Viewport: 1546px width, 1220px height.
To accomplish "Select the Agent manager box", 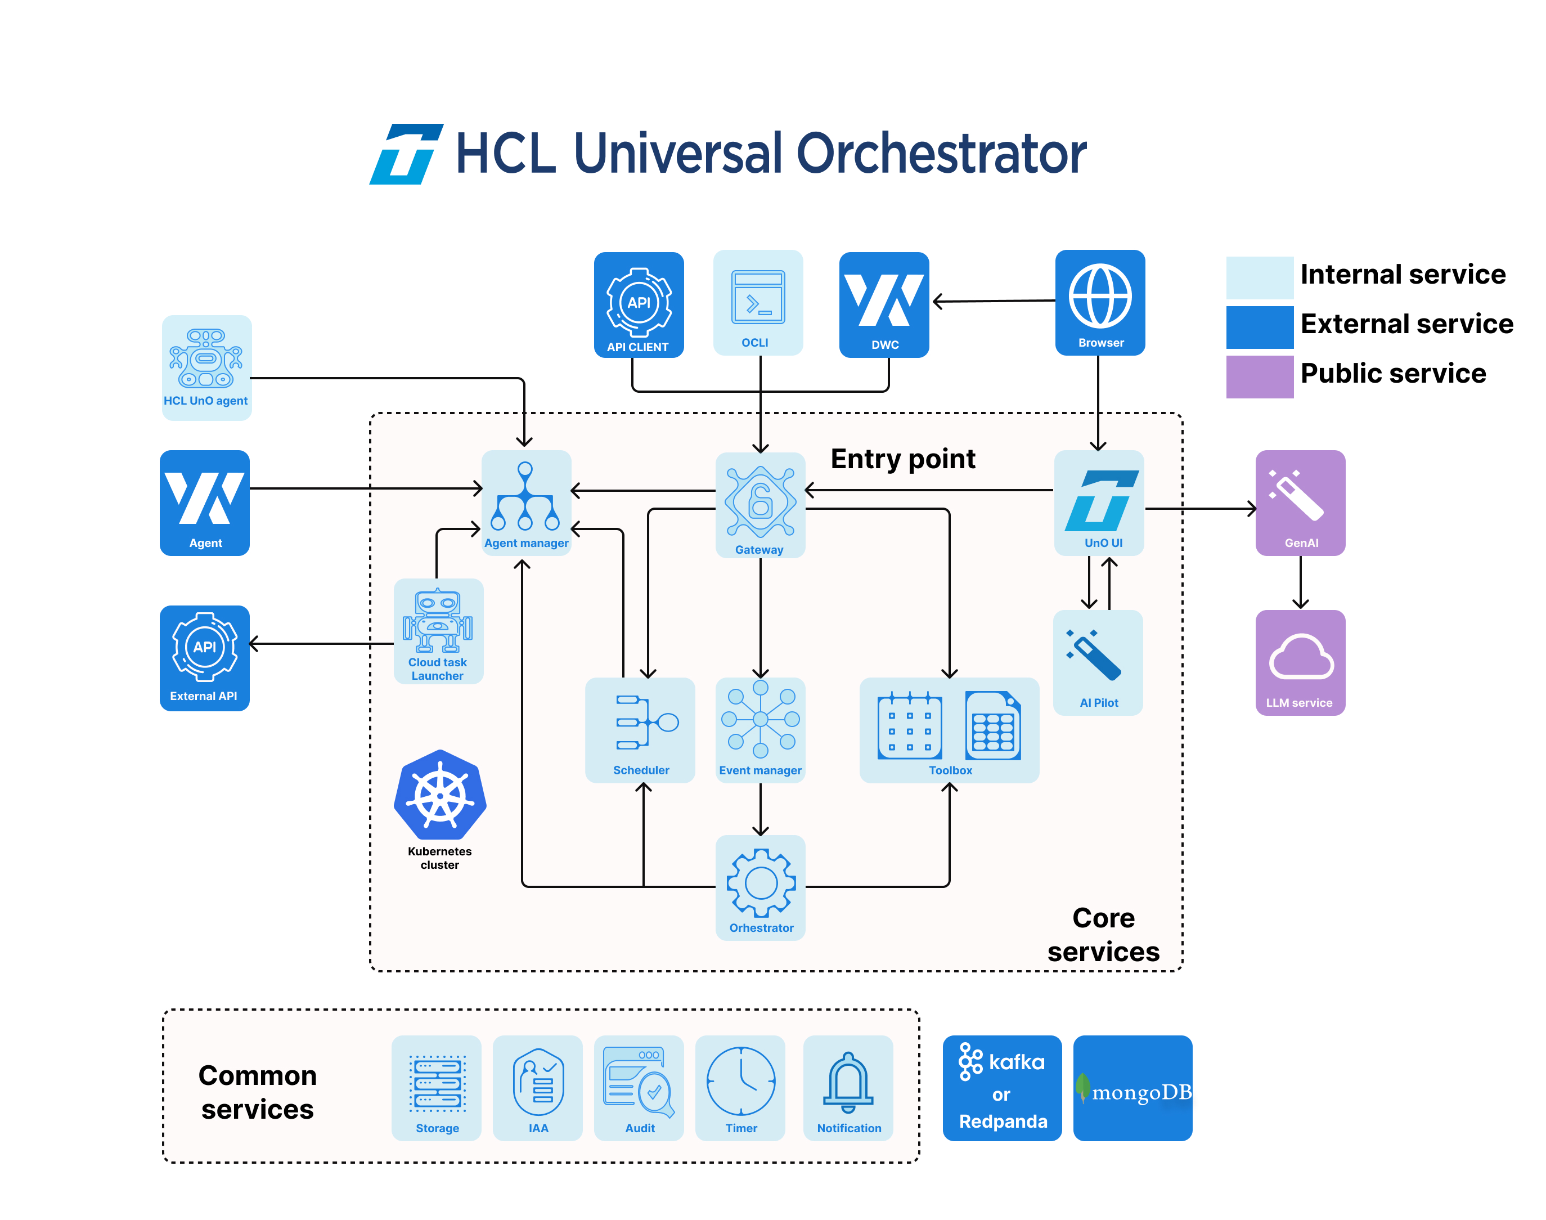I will pos(525,502).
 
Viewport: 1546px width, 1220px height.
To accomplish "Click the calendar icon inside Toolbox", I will pos(909,724).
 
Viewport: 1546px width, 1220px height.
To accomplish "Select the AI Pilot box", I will pos(1098,662).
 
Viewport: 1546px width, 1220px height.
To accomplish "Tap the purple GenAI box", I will pos(1300,502).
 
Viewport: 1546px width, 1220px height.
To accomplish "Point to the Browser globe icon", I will pos(1100,295).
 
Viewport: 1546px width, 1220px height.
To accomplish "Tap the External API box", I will pos(204,658).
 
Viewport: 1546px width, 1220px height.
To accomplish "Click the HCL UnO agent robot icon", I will pos(206,358).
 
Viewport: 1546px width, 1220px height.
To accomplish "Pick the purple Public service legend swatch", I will pos(1259,376).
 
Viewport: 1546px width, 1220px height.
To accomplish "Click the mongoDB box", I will pos(1132,1087).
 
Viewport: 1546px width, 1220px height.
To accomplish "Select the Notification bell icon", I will pos(848,1082).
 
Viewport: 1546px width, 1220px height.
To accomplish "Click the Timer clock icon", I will pos(740,1080).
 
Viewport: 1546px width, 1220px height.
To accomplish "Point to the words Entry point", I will pos(902,459).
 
